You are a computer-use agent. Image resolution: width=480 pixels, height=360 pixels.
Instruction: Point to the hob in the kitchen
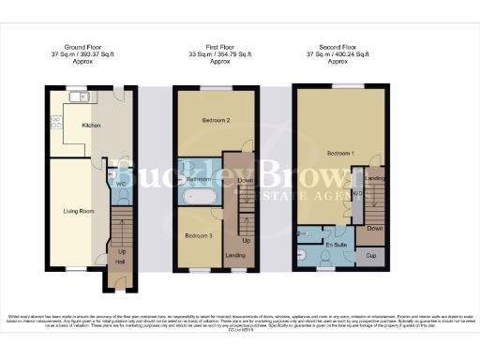pyautogui.click(x=56, y=122)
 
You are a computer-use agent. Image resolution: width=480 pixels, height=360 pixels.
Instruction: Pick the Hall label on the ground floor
pyautogui.click(x=120, y=263)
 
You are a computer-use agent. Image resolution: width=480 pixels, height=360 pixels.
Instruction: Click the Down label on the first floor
pyautogui.click(x=245, y=180)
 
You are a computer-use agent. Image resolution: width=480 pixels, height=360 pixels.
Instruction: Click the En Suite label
pyautogui.click(x=335, y=244)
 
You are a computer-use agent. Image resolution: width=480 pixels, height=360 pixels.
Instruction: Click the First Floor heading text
pyautogui.click(x=221, y=44)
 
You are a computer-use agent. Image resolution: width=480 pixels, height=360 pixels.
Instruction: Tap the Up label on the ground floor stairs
pyautogui.click(x=121, y=251)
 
